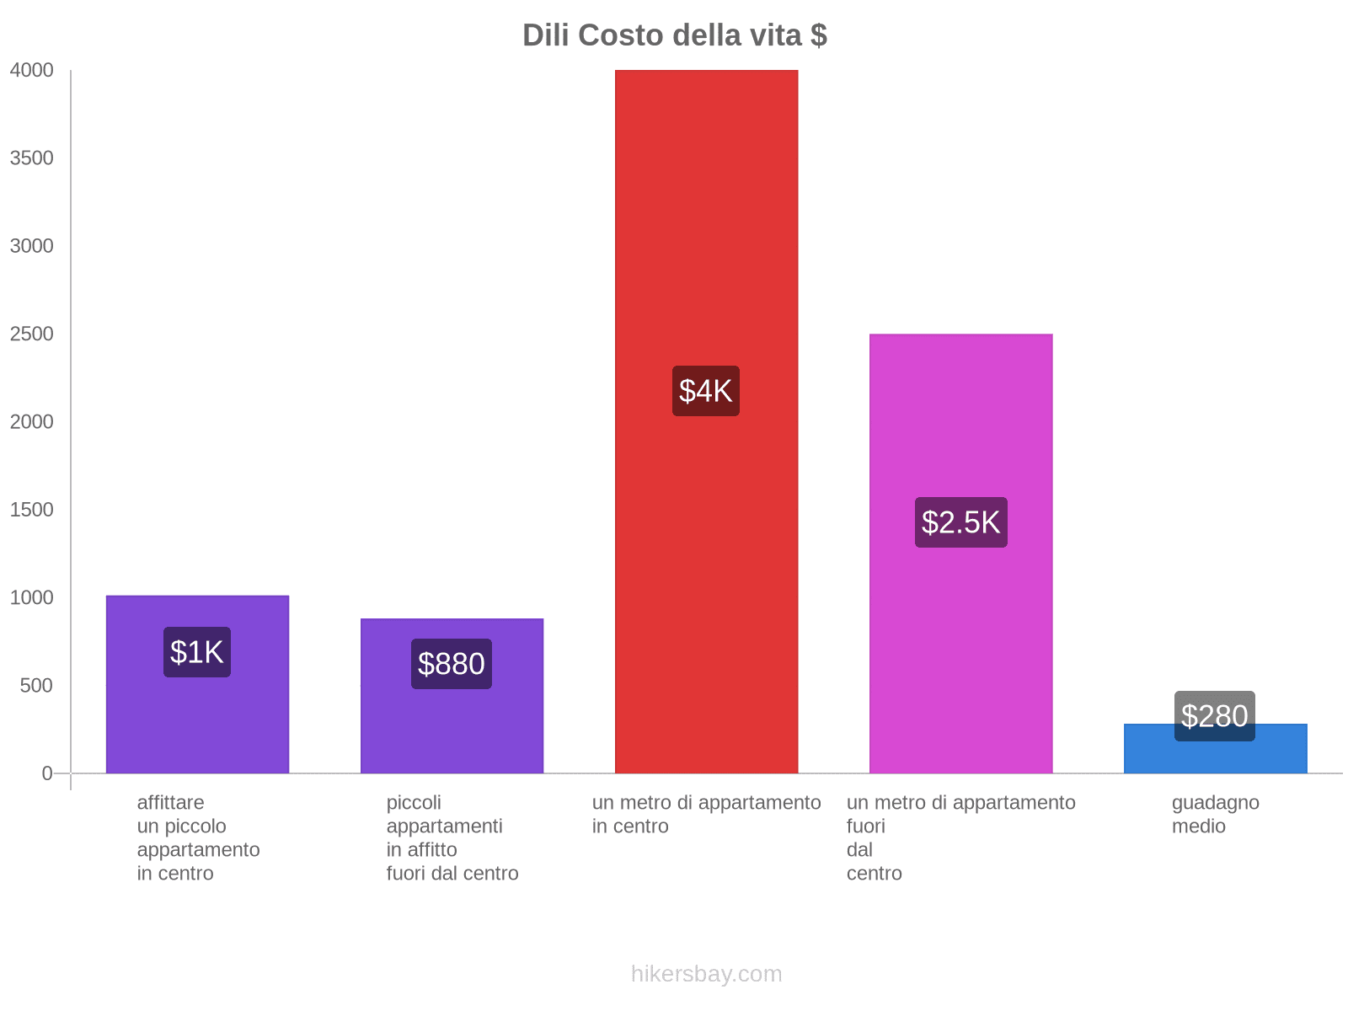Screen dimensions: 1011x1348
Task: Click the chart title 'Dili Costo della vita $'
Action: [674, 35]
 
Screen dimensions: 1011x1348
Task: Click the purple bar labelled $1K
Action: [197, 725]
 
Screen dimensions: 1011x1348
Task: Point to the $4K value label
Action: [706, 391]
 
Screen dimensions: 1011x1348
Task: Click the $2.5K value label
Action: [960, 522]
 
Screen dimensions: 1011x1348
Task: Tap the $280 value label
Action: [1214, 716]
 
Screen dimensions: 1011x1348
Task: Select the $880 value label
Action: [452, 664]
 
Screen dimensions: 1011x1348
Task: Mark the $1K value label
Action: [197, 652]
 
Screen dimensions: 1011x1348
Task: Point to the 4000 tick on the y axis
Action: [32, 71]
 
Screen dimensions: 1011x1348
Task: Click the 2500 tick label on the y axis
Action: [32, 334]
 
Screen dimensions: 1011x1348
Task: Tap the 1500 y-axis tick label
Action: [32, 510]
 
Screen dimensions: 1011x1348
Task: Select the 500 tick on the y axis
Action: [37, 686]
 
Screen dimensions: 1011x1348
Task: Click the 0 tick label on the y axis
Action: [47, 773]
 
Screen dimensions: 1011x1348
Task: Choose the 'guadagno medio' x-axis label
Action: [1215, 814]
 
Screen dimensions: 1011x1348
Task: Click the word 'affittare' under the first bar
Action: [170, 802]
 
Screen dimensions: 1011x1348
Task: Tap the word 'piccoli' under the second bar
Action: [414, 802]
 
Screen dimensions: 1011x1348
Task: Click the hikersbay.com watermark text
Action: [706, 974]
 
